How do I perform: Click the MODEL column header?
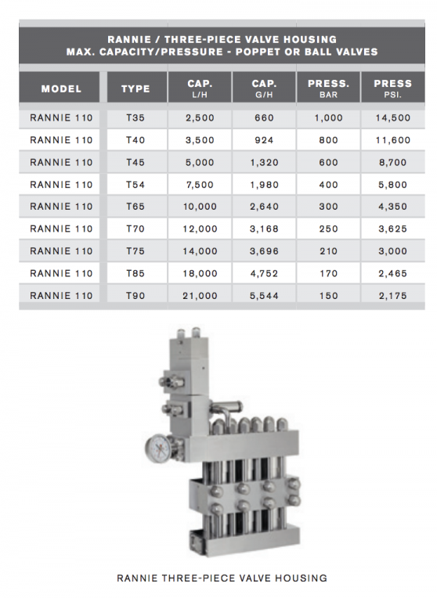pos(61,88)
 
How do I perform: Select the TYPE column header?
pos(135,88)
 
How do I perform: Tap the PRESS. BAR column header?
pos(328,88)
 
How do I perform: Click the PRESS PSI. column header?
pos(392,88)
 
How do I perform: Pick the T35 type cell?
pos(135,117)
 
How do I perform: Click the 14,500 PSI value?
pos(392,117)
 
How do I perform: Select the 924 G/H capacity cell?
pos(264,140)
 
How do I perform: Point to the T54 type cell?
pos(135,185)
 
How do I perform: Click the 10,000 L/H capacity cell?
pos(200,207)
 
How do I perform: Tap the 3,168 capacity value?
pos(264,229)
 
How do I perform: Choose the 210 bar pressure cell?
pos(328,251)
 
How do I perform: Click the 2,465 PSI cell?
pos(392,273)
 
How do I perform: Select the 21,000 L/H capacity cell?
pos(200,296)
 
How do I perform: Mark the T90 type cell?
pos(135,296)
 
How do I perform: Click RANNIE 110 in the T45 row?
pos(61,162)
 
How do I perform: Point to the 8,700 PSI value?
pos(392,162)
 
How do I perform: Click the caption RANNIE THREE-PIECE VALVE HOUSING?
pos(222,578)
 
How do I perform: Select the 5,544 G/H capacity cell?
pos(264,296)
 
